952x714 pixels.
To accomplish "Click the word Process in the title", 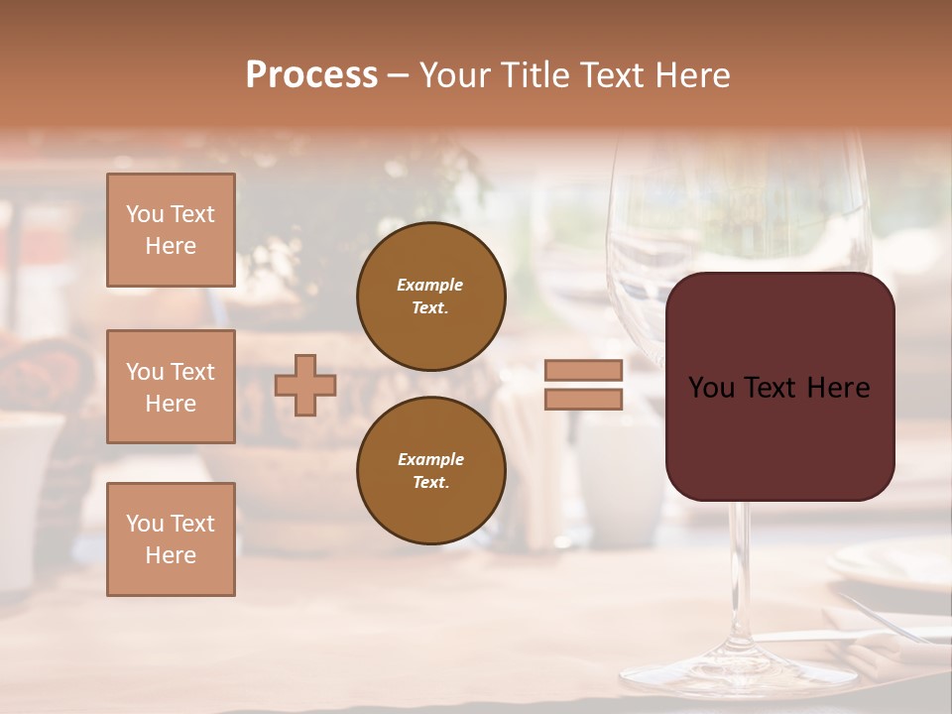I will coord(311,75).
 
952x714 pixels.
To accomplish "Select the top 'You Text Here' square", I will coord(171,230).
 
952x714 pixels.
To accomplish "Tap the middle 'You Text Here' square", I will coord(171,387).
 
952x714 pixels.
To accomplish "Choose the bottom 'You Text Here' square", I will coord(171,539).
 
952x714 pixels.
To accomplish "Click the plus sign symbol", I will coord(305,385).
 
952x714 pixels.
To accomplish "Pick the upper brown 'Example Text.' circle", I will coord(431,297).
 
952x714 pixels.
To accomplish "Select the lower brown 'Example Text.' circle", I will coord(431,470).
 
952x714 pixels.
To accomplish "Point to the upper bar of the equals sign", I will coord(583,370).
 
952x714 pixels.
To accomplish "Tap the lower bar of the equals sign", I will coord(583,399).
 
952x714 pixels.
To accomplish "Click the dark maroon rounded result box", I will coord(779,436).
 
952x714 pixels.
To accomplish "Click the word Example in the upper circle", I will coord(430,285).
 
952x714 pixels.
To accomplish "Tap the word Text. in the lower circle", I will coord(430,483).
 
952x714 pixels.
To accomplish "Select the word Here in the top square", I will coord(171,246).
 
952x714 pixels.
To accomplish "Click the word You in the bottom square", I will coord(145,524).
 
